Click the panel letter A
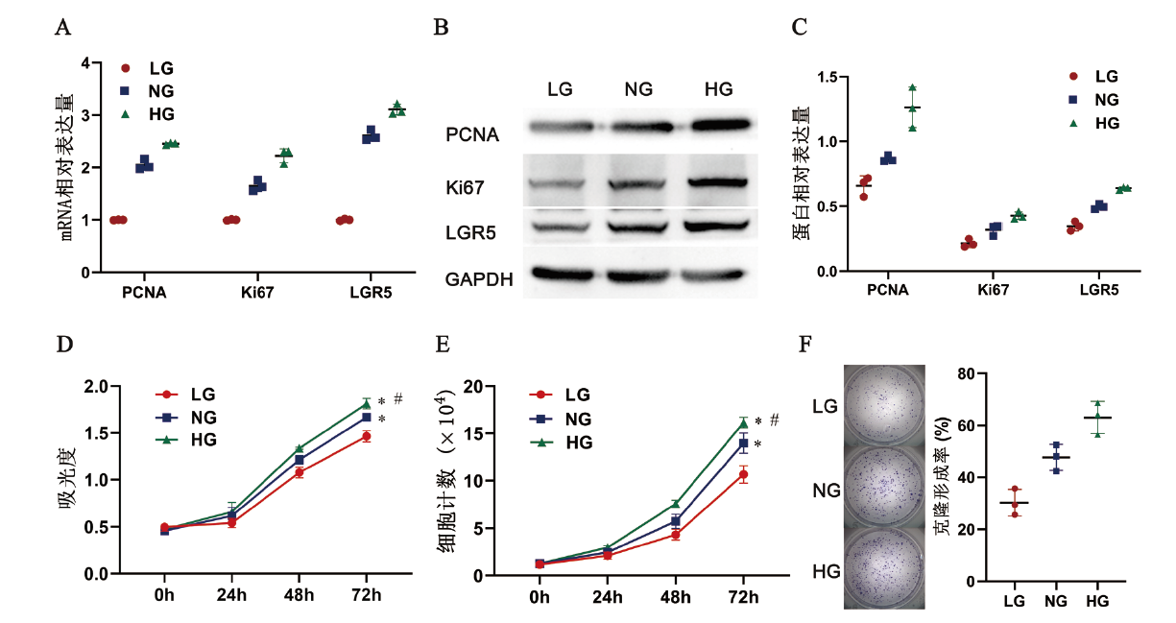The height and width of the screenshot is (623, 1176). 63,27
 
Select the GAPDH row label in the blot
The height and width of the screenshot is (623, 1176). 479,280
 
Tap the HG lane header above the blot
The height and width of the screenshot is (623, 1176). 718,89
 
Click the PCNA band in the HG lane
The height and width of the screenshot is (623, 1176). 718,126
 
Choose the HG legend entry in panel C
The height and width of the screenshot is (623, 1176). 1106,124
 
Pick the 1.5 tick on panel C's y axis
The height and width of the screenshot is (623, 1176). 829,77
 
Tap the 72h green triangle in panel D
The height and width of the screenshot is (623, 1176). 366,403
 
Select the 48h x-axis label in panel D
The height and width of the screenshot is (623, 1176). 300,594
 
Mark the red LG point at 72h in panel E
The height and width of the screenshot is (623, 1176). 742,475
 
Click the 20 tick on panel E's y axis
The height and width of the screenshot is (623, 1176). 472,386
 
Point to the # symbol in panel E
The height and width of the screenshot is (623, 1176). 774,420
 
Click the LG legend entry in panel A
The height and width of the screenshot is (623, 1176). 160,68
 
